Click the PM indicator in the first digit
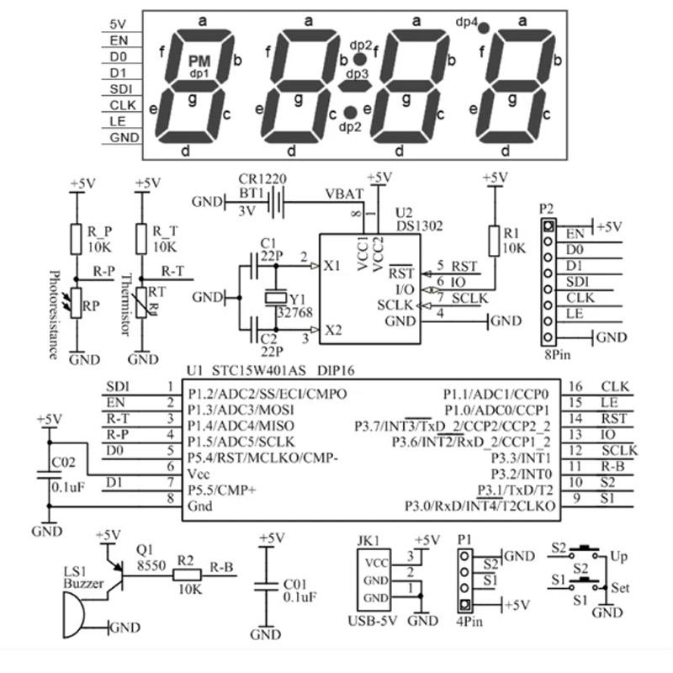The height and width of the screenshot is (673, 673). click(x=199, y=61)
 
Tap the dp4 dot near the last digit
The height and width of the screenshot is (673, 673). click(x=484, y=28)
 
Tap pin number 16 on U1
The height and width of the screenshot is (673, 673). click(x=575, y=386)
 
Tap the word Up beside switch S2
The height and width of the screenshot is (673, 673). click(x=619, y=557)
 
